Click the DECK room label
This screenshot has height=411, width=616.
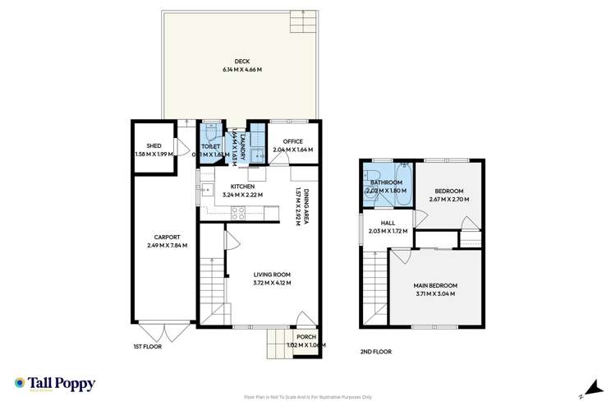tap(241, 60)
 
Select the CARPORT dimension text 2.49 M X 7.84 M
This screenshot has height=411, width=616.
tap(167, 245)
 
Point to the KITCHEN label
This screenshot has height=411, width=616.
tap(242, 187)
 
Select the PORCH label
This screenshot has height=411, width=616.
tap(306, 336)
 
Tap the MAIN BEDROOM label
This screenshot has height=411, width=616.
tap(434, 284)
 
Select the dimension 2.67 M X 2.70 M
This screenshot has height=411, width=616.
tap(448, 199)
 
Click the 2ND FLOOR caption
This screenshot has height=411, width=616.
tap(375, 351)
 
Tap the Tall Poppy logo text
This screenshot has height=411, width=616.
tap(62, 384)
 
